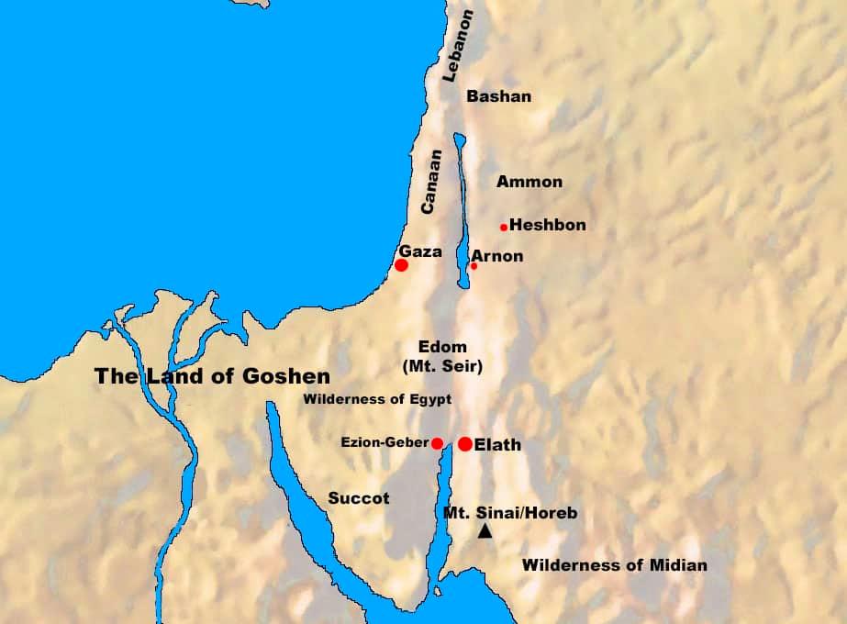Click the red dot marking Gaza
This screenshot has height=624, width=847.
(x=401, y=265)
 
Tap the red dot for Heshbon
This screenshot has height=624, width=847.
(x=504, y=227)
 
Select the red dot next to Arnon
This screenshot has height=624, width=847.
(x=474, y=266)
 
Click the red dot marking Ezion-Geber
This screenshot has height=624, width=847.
(x=438, y=443)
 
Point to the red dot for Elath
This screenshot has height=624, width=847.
(x=465, y=444)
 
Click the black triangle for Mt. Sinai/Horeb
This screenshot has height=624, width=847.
(x=485, y=531)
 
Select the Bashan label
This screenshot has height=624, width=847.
(x=498, y=96)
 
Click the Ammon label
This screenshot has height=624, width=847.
(x=529, y=182)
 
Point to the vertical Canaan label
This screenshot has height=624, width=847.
(x=430, y=182)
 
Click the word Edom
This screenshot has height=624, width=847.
(x=442, y=348)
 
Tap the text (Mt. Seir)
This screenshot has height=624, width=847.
(x=442, y=366)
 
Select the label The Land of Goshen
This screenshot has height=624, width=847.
(x=213, y=375)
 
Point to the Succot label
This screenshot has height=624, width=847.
(x=359, y=498)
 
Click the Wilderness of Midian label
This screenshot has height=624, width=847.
(x=614, y=565)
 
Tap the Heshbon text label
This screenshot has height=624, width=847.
(x=547, y=225)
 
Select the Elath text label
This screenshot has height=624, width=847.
(x=497, y=445)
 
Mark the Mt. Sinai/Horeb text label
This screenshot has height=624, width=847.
(x=509, y=513)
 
